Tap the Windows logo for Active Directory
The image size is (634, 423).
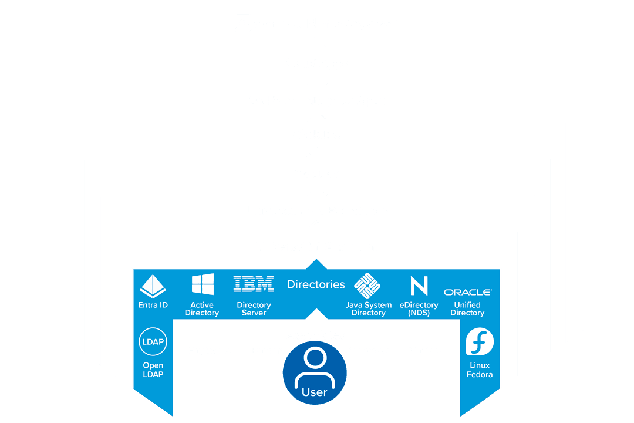click(x=203, y=284)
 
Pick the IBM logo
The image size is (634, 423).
click(x=254, y=284)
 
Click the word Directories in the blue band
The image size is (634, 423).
click(x=316, y=284)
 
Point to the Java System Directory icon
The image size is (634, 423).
click(x=368, y=286)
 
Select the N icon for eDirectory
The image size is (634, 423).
click(x=419, y=286)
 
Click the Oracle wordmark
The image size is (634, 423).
click(x=467, y=292)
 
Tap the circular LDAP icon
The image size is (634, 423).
click(x=153, y=342)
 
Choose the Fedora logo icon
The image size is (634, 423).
click(x=480, y=342)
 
